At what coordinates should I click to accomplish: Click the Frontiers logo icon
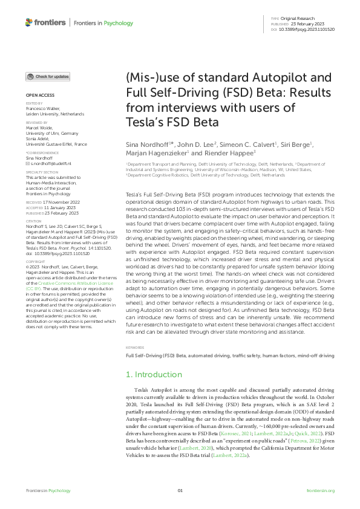point(28,22)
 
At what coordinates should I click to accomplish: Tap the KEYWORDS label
point(136,348)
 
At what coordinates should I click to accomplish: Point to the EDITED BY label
point(34,104)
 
